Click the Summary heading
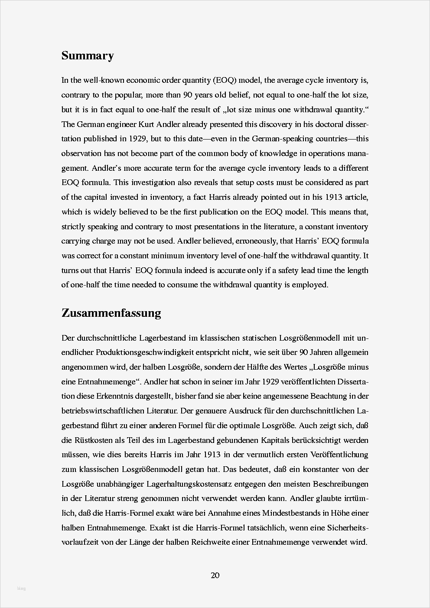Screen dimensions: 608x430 pyautogui.click(x=88, y=56)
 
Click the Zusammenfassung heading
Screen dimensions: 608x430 pyautogui.click(x=111, y=313)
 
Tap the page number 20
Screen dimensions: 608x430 pyautogui.click(x=215, y=575)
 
